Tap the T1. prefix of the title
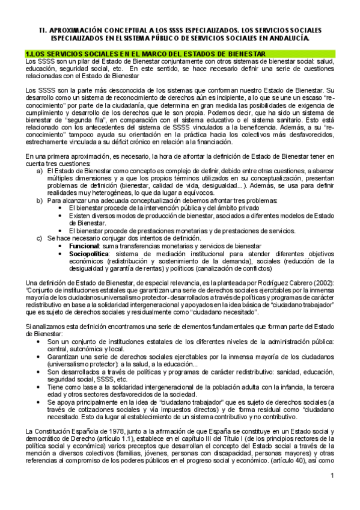click(x=43, y=29)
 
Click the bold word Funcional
click(x=84, y=247)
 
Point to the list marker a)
click(x=40, y=171)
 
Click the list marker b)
click(x=40, y=200)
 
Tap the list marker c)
click(x=40, y=239)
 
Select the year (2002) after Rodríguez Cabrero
click(x=323, y=283)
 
